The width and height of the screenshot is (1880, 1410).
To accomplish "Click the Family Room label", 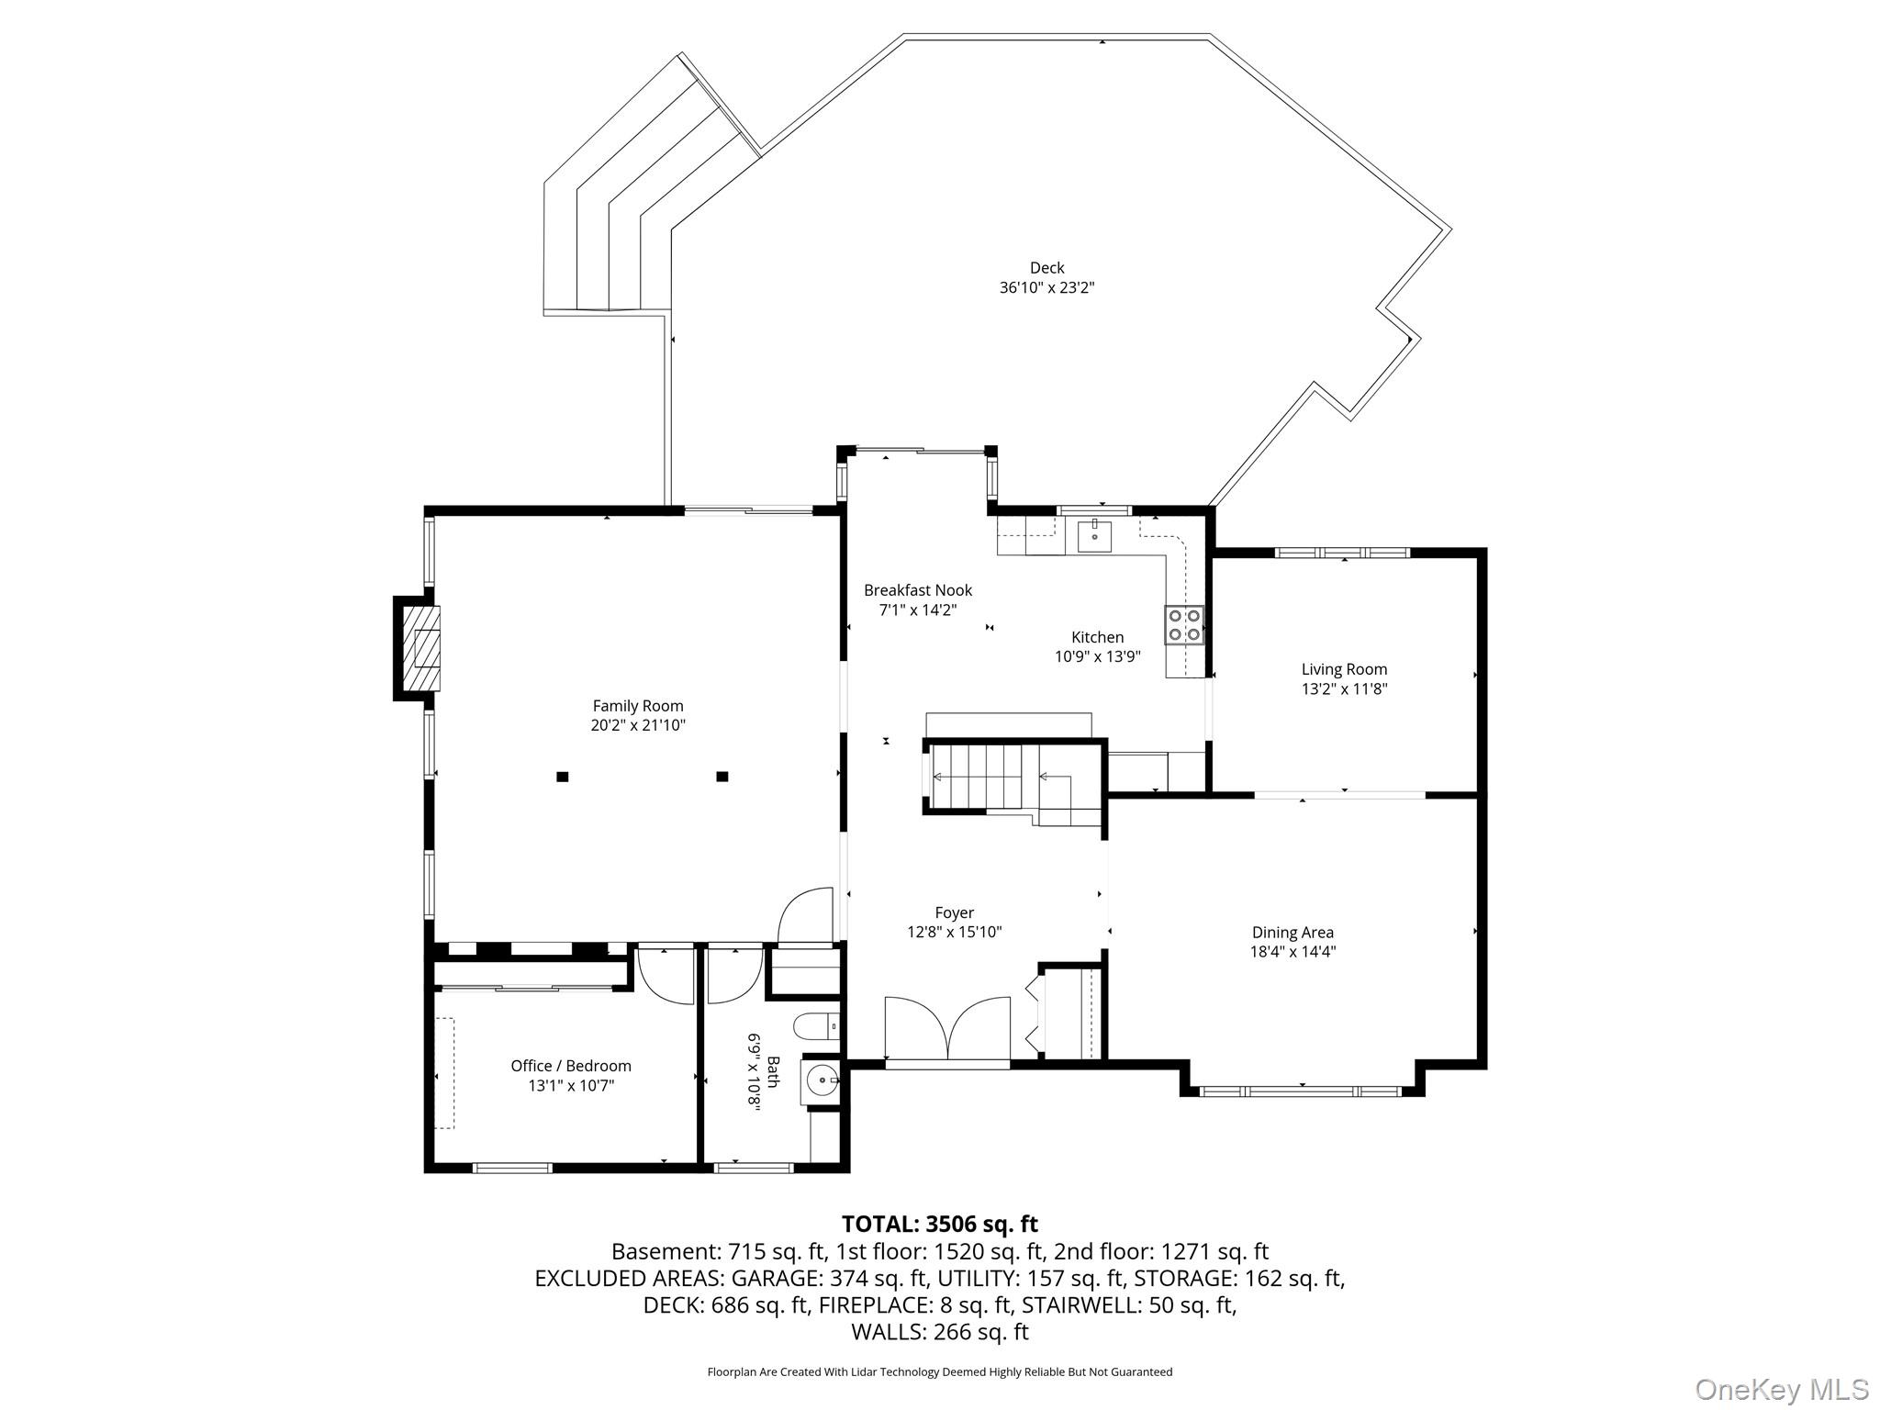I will point(638,706).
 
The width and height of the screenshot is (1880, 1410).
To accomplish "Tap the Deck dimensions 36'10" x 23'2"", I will point(1046,287).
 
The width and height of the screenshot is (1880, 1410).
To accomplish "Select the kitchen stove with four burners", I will point(1184,624).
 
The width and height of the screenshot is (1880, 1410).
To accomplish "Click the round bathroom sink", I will point(822,1081).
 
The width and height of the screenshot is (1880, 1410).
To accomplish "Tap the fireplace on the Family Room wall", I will point(420,648).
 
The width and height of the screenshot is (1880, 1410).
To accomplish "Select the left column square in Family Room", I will point(563,777).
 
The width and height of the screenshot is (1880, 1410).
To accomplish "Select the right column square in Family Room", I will point(722,777).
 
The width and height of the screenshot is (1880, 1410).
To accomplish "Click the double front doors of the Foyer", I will point(947,1028).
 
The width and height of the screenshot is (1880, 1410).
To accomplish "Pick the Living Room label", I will point(1344,669).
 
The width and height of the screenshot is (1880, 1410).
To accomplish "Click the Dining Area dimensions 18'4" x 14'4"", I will point(1292,952).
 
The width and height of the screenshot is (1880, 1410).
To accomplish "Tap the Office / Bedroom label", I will point(571,1066).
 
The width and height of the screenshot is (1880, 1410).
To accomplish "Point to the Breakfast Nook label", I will point(917,590).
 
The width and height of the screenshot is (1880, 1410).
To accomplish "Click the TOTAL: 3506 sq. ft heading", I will point(939,1224).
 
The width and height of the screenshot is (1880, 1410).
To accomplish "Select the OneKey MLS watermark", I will point(1782,1390).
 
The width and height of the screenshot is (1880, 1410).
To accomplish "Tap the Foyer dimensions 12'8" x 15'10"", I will point(954,932).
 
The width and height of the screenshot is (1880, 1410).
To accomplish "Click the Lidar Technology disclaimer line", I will point(939,1372).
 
